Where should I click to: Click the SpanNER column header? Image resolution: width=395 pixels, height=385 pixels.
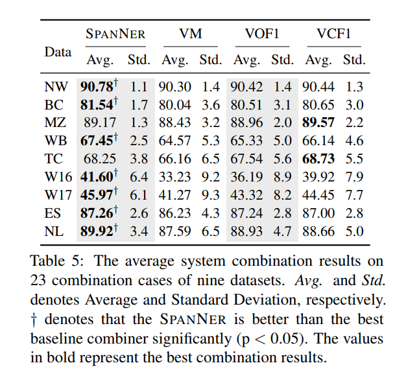pos(115,34)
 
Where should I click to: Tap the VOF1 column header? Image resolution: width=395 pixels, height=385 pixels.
pos(262,34)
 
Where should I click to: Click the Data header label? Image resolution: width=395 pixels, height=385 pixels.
pos(58,52)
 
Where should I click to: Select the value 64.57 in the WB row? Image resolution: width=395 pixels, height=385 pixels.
pos(174,140)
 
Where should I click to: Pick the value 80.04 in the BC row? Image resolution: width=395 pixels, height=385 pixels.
pos(174,104)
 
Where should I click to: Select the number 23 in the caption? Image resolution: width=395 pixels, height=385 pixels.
pos(39,281)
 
